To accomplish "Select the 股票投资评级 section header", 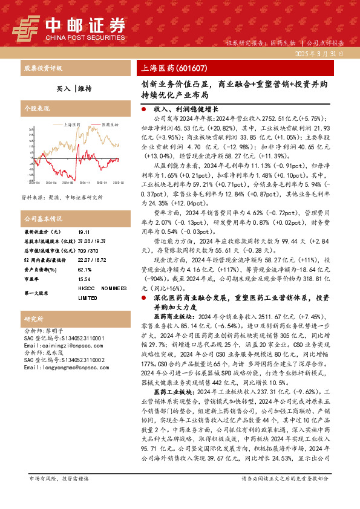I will coord(42,68).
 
